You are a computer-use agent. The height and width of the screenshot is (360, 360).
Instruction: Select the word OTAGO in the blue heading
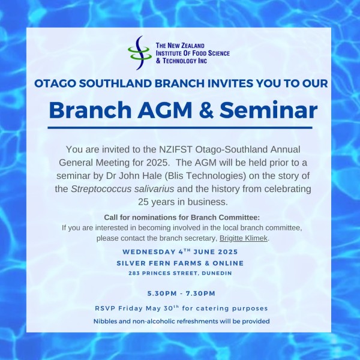[55, 83]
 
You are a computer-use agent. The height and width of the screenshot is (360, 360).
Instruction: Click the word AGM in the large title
[164, 110]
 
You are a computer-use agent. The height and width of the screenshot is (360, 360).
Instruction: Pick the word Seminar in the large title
[268, 110]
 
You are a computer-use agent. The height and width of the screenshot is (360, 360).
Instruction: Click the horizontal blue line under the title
[180, 128]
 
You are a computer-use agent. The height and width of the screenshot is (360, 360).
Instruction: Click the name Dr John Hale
[134, 176]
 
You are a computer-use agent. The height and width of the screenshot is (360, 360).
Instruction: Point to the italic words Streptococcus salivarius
[122, 189]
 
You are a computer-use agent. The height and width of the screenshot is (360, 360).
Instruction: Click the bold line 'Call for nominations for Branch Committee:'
[182, 217]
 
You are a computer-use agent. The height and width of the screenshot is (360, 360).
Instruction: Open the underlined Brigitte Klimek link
[244, 238]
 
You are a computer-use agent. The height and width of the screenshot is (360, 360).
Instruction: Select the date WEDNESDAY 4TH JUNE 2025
[180, 252]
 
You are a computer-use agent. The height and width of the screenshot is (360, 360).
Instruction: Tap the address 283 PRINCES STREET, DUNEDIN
[180, 273]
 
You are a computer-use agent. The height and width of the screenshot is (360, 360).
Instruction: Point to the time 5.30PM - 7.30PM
[181, 293]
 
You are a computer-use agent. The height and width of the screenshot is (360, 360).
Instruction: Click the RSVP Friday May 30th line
[181, 308]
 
